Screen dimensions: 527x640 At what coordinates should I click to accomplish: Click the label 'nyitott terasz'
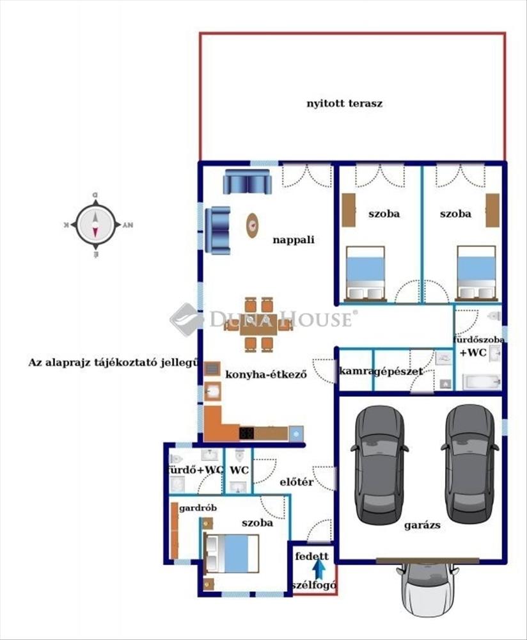click(x=344, y=102)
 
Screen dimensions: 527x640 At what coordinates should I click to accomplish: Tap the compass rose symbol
click(x=95, y=225)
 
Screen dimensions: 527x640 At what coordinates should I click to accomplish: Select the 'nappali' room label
click(x=294, y=240)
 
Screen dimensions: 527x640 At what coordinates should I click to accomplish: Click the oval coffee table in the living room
click(x=253, y=225)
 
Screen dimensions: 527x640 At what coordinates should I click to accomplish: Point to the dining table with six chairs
click(x=258, y=324)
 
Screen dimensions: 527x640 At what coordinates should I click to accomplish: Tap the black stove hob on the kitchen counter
click(x=246, y=433)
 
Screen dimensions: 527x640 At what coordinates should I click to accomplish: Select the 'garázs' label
click(x=422, y=525)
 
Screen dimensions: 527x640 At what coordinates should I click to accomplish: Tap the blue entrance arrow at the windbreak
click(x=319, y=568)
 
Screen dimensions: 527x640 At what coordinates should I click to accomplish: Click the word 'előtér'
click(x=297, y=482)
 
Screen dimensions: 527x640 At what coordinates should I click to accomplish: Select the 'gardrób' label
click(x=198, y=508)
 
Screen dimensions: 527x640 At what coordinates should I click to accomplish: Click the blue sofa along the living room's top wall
click(x=248, y=182)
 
